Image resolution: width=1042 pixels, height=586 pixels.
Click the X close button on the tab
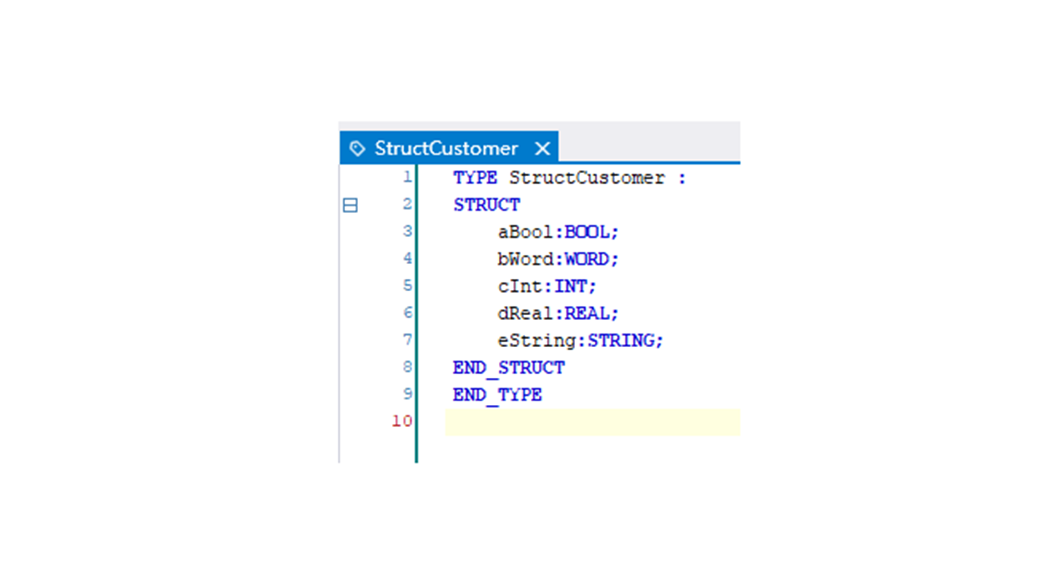pos(542,148)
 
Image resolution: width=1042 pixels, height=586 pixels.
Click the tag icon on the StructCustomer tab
pos(357,148)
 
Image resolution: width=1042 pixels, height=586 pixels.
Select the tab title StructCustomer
pos(446,148)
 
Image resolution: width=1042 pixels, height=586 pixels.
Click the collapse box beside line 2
pos(350,205)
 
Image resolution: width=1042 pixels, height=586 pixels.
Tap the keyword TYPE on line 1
pos(475,178)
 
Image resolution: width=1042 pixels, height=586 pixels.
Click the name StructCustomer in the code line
pos(587,178)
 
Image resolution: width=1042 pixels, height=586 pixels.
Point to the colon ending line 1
pos(682,179)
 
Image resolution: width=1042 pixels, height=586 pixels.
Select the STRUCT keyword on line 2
pos(487,205)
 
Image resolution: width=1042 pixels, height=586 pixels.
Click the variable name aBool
pos(525,232)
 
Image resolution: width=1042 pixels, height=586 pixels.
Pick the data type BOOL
pos(587,232)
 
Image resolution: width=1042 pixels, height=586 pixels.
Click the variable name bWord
pos(525,259)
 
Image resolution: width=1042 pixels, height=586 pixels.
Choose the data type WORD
pos(587,259)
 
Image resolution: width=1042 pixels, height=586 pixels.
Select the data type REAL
pos(587,314)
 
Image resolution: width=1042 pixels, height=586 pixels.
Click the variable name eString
pos(536,341)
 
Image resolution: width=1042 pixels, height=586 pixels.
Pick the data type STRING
pos(621,341)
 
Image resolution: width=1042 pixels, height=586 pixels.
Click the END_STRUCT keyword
pos(509,368)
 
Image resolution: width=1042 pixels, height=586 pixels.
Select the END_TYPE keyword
pos(497,396)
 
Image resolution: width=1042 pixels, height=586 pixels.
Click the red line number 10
pos(402,421)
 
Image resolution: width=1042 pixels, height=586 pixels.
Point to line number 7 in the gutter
pos(408,340)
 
